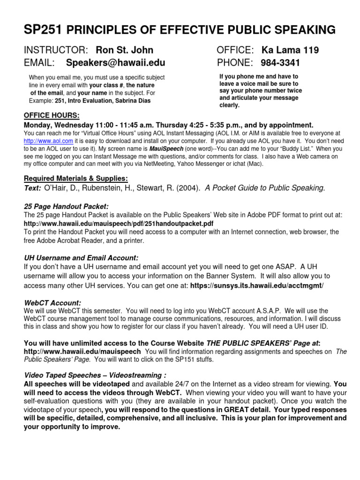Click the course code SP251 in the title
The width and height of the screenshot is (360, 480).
[x=43, y=30]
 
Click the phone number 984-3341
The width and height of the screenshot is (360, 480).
[x=281, y=63]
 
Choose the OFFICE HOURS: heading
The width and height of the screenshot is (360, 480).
[x=52, y=116]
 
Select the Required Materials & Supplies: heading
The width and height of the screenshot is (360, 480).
[x=75, y=179]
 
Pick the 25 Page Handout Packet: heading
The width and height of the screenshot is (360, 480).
[x=66, y=206]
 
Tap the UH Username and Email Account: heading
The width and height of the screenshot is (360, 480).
[x=81, y=258]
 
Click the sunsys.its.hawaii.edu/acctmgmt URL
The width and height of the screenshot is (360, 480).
[x=257, y=285]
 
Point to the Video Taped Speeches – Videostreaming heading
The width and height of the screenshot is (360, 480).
[x=95, y=375]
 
